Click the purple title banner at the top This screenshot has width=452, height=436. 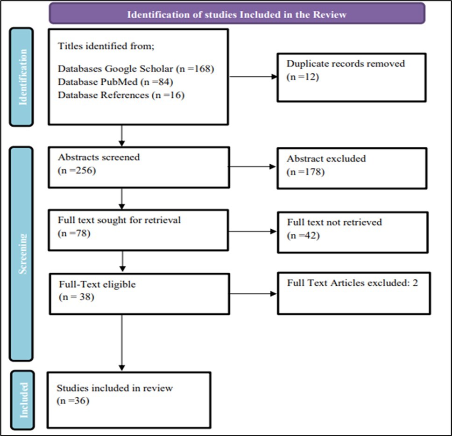(237, 14)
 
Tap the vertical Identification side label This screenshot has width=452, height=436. (21, 77)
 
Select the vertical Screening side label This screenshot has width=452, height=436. (21, 254)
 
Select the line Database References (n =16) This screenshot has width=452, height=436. (121, 95)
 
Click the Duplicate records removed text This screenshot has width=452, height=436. (346, 64)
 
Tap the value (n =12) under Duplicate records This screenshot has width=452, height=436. (303, 77)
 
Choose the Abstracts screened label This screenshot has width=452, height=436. (99, 157)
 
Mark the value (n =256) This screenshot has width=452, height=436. (77, 170)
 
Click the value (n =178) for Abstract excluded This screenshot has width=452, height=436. (305, 172)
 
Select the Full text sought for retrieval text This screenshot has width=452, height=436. (119, 220)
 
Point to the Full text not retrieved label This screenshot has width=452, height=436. (334, 222)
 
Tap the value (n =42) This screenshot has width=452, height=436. (303, 235)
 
